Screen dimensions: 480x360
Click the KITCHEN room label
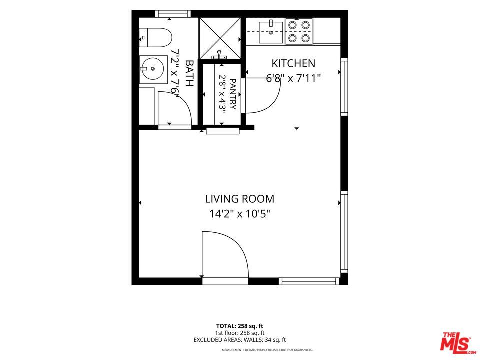pyautogui.click(x=293, y=63)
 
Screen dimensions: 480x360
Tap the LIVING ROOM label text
pyautogui.click(x=239, y=199)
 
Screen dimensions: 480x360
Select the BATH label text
pyautogui.click(x=189, y=73)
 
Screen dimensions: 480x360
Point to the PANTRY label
pyautogui.click(x=233, y=94)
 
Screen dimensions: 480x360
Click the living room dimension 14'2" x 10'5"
pyautogui.click(x=240, y=214)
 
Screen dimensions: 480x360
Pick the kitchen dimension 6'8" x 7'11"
pyautogui.click(x=293, y=78)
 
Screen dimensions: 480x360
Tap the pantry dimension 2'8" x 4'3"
pyautogui.click(x=222, y=94)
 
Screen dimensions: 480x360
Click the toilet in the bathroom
pyautogui.click(x=156, y=37)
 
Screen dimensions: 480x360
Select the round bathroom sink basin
pyautogui.click(x=153, y=69)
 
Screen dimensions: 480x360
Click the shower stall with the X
pyautogui.click(x=220, y=38)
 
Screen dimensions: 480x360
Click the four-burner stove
pyautogui.click(x=299, y=32)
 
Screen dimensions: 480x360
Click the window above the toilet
pyautogui.click(x=173, y=14)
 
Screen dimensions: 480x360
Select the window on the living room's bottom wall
pyautogui.click(x=309, y=281)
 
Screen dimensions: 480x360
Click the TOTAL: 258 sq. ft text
pyautogui.click(x=239, y=326)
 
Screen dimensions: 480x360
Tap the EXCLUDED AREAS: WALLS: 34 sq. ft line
pyautogui.click(x=239, y=340)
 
